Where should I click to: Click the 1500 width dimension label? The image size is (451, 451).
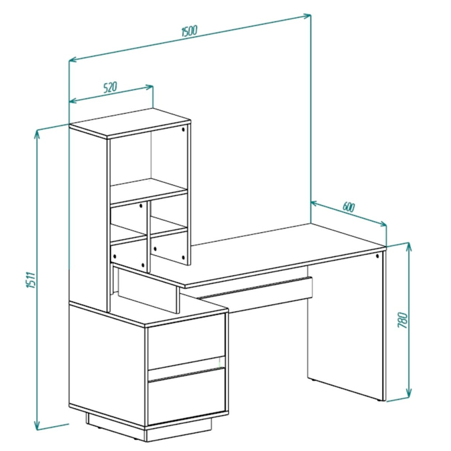click(x=189, y=31)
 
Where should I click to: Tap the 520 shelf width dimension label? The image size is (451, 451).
click(x=110, y=87)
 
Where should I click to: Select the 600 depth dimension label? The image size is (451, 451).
click(x=349, y=207)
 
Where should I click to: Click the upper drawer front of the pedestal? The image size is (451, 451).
click(x=186, y=341)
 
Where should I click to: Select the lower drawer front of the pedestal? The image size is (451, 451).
click(x=186, y=396)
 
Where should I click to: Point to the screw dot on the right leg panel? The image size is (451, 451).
click(x=377, y=256)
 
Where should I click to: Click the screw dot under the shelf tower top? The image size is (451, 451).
click(x=183, y=129)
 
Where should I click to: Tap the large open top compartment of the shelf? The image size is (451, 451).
click(x=149, y=164)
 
